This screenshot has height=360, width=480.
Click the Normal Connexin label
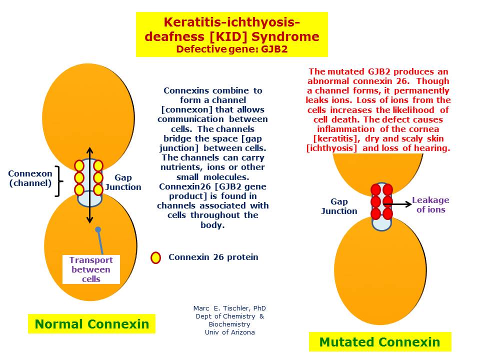coord(91,324)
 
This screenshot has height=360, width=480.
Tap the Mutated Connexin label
coord(380,342)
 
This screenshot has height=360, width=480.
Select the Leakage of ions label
coord(430,205)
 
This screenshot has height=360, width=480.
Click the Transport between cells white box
coord(91,269)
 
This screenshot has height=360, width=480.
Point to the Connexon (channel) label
coord(30,178)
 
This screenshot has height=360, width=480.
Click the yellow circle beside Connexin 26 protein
coord(155,258)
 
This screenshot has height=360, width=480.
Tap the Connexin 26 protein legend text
coord(213,257)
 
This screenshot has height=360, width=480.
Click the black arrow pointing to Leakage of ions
coord(397,204)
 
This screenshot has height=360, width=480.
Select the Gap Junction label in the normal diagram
coord(123,182)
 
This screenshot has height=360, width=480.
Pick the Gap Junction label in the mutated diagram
coord(339,206)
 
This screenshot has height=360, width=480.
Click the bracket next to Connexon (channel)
coord(58,181)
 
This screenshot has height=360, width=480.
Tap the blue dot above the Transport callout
coord(98,229)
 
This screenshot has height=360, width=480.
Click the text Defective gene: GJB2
coord(232,49)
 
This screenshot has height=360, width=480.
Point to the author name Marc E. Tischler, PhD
coord(229,308)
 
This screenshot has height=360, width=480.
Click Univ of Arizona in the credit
coord(229,332)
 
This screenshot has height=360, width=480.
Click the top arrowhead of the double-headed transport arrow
coord(89,149)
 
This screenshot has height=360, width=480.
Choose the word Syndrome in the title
coord(285,36)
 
